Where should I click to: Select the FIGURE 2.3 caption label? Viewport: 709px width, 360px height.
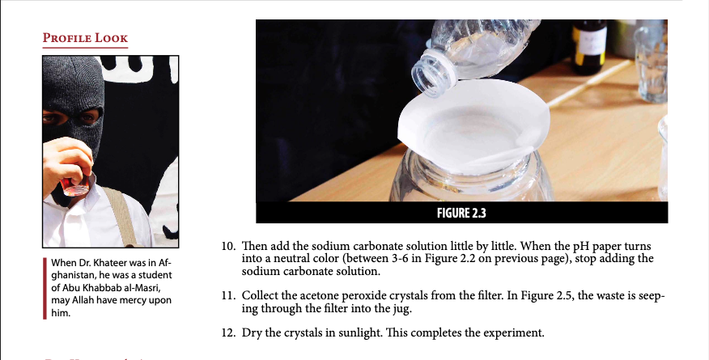[461, 213]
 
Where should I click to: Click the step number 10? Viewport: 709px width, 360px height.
[229, 247]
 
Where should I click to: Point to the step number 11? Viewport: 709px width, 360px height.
[229, 296]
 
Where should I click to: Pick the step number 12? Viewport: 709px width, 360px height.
[229, 332]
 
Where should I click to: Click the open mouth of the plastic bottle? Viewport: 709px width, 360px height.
[433, 74]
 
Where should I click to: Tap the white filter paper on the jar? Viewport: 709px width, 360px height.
[473, 126]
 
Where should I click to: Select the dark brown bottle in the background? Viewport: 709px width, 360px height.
[588, 47]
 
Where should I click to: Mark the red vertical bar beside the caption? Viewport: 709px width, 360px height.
[45, 288]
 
